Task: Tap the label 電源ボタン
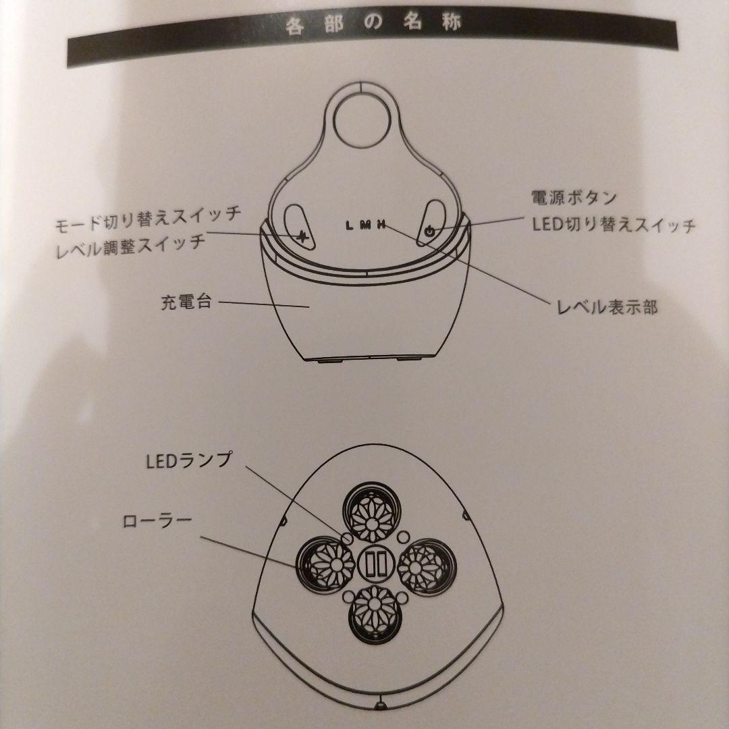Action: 573,198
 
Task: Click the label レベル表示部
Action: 606,308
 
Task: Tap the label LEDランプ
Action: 188,460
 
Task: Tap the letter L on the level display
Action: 348,226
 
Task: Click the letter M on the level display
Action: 365,226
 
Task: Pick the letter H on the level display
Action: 381,226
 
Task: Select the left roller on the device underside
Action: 327,566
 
